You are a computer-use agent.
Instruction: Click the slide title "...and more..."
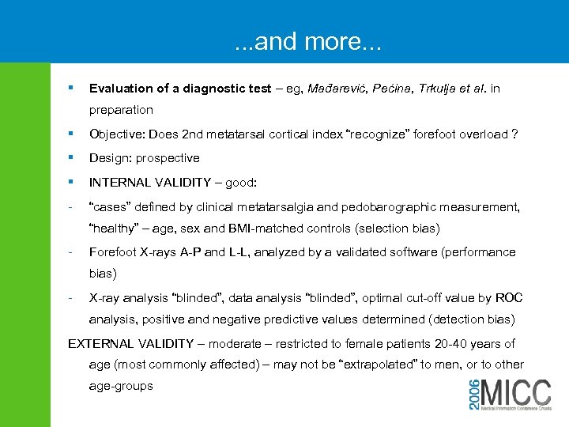(x=308, y=42)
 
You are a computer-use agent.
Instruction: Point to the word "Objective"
(x=117, y=134)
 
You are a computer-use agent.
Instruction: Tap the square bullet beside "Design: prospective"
(x=72, y=157)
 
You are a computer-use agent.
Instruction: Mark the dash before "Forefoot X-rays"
(x=71, y=253)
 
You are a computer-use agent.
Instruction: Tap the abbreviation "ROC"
(x=509, y=298)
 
